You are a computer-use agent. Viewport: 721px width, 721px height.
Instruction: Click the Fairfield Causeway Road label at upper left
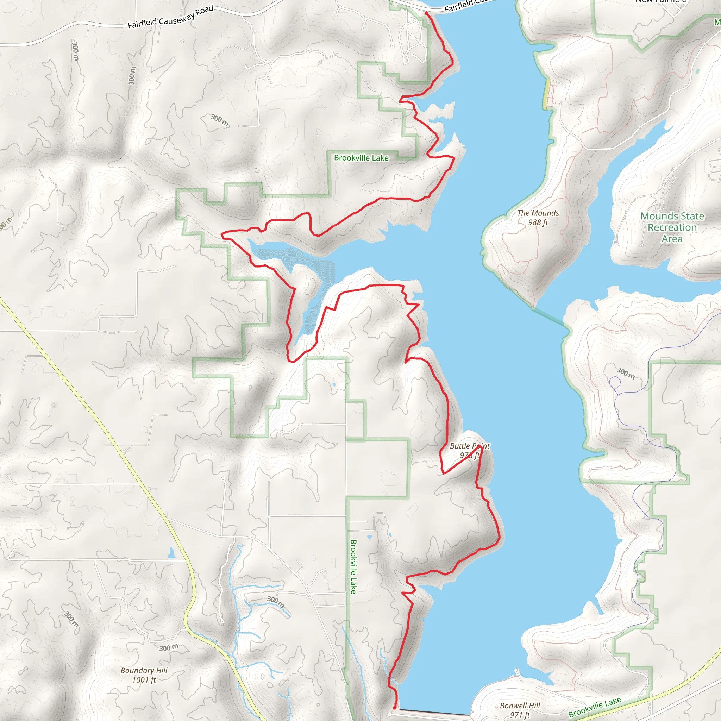170,17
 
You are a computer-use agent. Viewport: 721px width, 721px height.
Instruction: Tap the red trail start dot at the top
426,13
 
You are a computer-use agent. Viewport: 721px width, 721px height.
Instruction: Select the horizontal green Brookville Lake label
361,158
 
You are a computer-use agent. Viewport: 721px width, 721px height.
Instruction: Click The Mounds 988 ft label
538,218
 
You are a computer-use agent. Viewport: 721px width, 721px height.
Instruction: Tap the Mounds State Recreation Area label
672,227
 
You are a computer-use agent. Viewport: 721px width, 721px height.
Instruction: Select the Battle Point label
470,446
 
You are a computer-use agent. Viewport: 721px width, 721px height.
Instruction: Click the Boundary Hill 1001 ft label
144,675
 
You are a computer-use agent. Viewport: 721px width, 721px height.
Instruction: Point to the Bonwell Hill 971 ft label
520,710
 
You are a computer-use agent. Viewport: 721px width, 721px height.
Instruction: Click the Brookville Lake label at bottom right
595,707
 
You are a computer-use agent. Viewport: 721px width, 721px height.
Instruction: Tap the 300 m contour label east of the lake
626,373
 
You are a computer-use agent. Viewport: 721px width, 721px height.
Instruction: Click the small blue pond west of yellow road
171,553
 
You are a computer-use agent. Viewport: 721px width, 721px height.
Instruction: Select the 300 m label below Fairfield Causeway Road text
220,120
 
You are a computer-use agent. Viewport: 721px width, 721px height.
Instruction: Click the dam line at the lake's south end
435,712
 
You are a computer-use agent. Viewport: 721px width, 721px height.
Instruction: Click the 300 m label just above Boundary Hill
169,648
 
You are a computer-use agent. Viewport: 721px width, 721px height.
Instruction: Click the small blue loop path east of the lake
614,383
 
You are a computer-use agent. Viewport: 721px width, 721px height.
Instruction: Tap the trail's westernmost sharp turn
222,234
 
